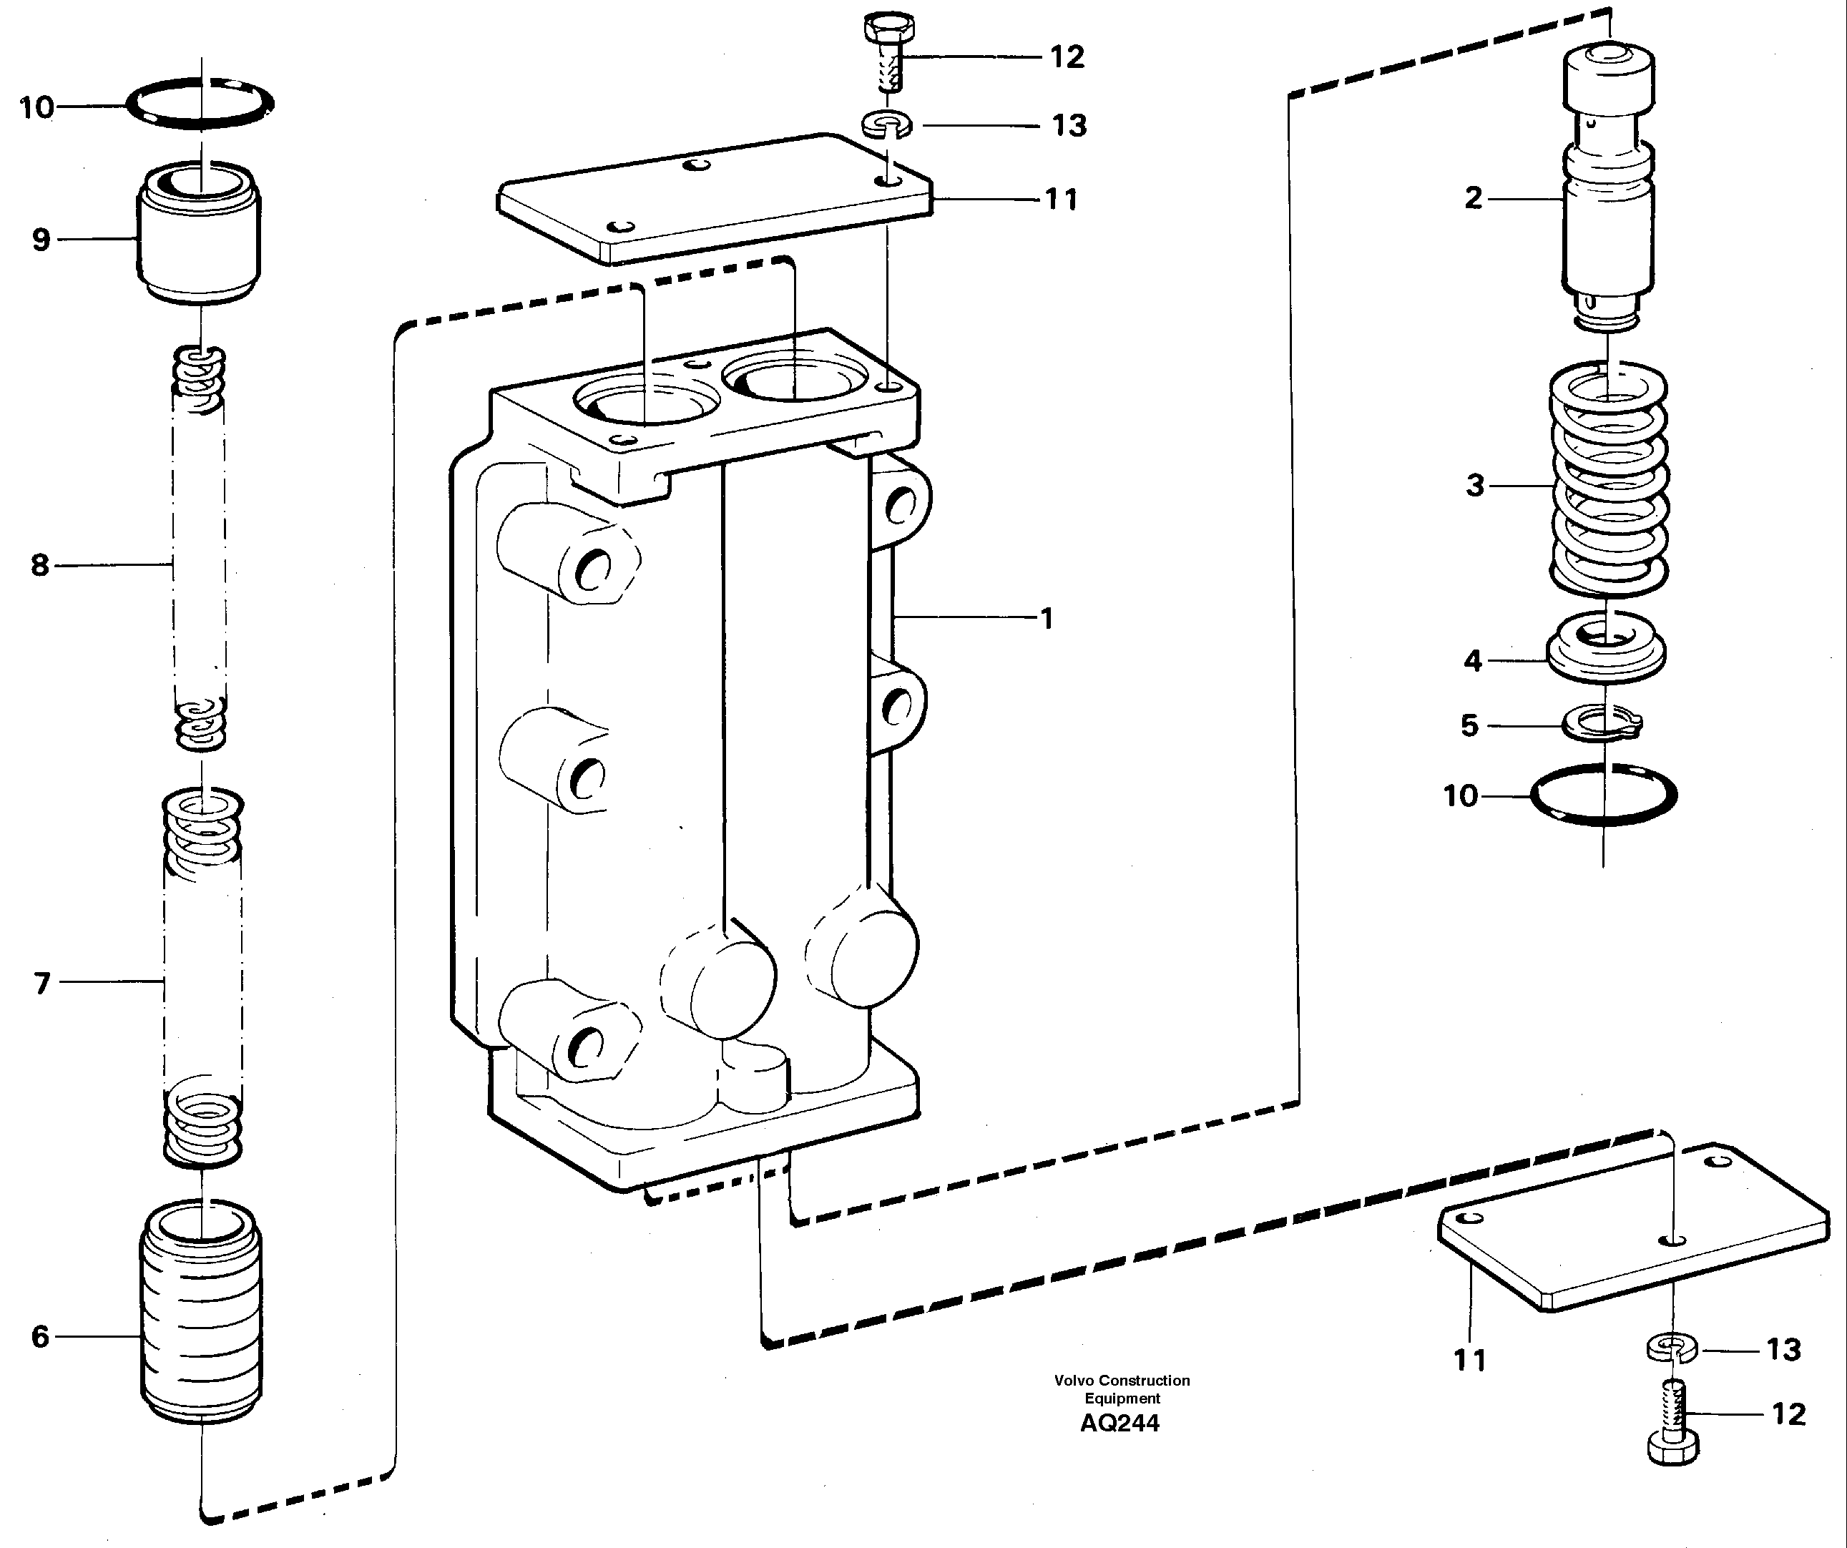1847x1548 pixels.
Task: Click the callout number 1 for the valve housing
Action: (x=1046, y=618)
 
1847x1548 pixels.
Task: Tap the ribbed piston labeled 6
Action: (x=202, y=1311)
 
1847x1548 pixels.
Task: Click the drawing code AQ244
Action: (x=1120, y=1423)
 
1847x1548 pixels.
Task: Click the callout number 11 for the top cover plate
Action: (x=1061, y=200)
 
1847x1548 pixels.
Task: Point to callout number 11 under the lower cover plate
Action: (x=1469, y=1360)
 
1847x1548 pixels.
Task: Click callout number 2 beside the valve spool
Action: (x=1473, y=198)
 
